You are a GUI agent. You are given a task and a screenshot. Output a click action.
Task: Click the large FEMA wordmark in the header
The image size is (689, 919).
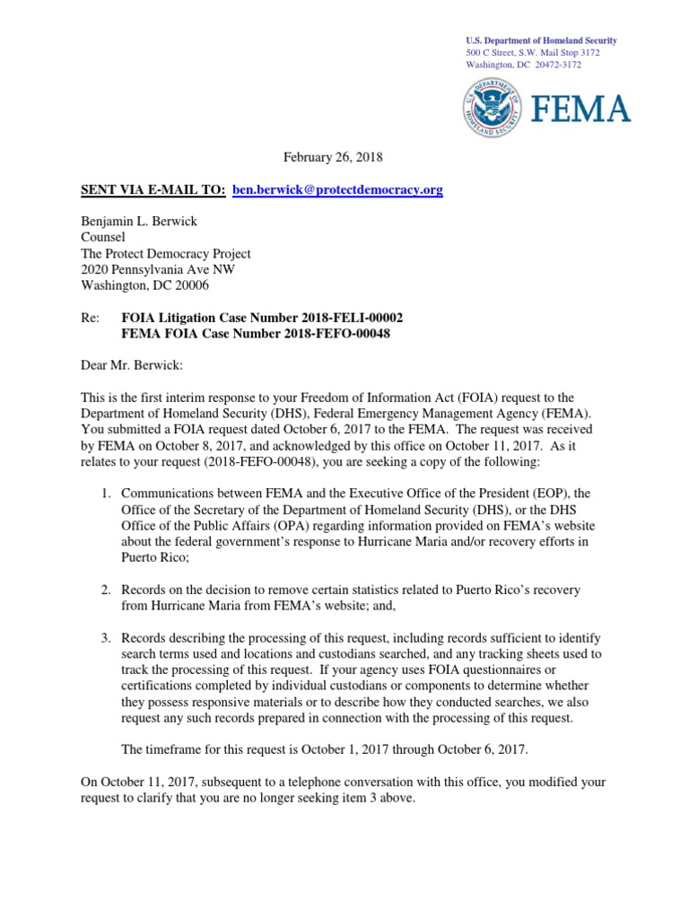[581, 109]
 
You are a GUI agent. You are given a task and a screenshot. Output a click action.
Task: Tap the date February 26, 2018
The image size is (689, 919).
[333, 157]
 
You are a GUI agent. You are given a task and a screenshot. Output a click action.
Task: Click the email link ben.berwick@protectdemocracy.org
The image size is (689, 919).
[337, 190]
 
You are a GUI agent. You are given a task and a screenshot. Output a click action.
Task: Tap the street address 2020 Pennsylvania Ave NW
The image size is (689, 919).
[159, 270]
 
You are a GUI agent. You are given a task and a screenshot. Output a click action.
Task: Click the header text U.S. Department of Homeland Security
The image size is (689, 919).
[541, 41]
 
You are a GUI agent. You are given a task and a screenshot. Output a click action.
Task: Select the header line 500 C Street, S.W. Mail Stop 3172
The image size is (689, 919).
[533, 53]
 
